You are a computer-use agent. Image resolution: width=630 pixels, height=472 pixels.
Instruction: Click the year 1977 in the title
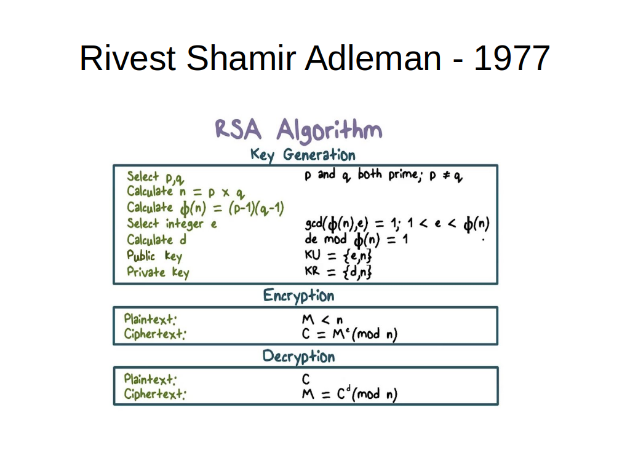511,58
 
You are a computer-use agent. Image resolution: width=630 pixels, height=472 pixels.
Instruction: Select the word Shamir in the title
241,58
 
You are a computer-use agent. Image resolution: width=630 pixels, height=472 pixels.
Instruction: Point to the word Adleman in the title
373,58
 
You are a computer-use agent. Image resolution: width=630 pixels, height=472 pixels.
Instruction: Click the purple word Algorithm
330,130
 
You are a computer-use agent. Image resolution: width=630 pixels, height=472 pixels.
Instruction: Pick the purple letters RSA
238,129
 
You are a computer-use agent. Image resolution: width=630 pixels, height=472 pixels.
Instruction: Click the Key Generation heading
303,155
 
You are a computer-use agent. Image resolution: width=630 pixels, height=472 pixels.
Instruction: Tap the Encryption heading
298,296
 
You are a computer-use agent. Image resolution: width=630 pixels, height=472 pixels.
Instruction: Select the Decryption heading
298,357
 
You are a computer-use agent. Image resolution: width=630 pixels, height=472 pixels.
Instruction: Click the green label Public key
154,256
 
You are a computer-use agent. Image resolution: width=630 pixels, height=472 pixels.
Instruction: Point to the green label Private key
158,272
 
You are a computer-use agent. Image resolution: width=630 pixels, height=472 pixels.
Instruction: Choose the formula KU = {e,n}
338,256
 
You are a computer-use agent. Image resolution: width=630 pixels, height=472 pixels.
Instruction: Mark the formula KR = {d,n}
338,272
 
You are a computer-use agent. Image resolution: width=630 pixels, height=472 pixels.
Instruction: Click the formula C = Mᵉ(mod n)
349,334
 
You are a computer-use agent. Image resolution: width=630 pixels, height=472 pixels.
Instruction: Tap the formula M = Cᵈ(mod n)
349,394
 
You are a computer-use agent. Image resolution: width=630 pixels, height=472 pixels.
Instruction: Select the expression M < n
322,320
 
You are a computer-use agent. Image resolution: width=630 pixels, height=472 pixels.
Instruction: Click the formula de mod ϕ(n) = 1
356,240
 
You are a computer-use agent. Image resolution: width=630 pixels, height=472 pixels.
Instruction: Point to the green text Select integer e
172,224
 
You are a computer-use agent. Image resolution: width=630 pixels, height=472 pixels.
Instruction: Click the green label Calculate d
157,240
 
